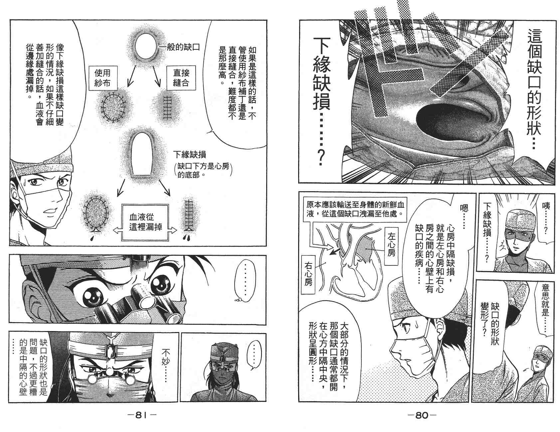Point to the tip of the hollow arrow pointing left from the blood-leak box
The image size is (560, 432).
tap(113, 230)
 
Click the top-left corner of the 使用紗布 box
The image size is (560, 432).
tap(89, 66)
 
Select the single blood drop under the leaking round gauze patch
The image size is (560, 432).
tap(91, 239)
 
